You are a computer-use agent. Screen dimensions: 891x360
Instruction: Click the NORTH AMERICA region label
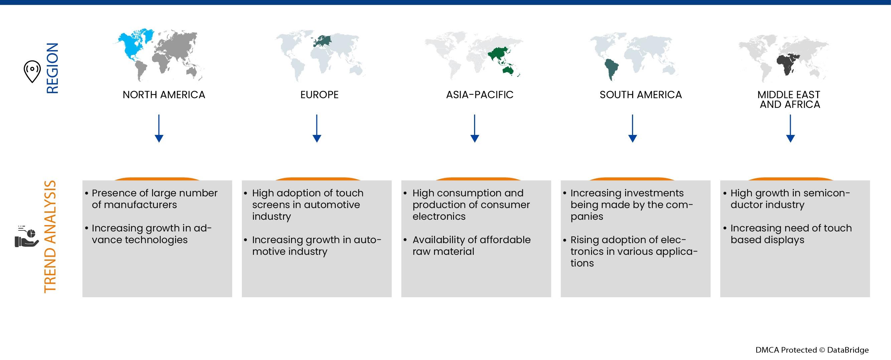click(x=164, y=95)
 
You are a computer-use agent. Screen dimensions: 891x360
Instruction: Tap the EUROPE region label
click(x=319, y=95)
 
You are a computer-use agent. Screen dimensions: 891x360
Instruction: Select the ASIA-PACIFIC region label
click(x=480, y=95)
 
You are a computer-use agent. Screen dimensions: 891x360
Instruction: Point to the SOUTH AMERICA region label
click(x=640, y=95)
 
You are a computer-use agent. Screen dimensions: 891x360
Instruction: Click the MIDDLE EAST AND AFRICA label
click(x=789, y=100)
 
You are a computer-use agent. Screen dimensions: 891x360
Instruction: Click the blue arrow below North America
click(x=159, y=129)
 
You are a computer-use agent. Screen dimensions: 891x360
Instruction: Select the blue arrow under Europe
click(x=317, y=129)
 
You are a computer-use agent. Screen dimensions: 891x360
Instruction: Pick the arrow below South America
click(x=633, y=129)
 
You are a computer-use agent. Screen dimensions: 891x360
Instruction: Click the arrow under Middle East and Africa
click(x=790, y=129)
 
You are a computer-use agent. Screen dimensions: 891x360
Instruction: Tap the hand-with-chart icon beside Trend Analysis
click(x=27, y=236)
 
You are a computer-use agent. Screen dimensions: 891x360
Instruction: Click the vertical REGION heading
click(x=52, y=68)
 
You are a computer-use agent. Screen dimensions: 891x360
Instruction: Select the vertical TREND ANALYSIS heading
click(x=50, y=236)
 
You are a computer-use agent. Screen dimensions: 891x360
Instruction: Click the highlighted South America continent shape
click(x=611, y=69)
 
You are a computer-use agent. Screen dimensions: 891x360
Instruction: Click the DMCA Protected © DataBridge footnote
click(x=812, y=350)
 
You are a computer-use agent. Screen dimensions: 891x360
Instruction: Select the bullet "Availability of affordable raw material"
click(x=471, y=245)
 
